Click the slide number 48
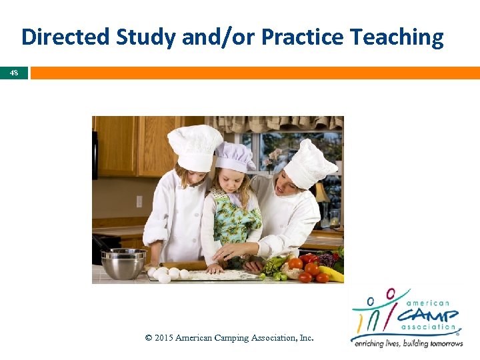14,73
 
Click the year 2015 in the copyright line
164,338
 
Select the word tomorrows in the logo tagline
438,343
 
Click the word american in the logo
431,303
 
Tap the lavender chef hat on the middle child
235,157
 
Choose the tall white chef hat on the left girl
195,147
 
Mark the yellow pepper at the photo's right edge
333,273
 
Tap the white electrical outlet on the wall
139,201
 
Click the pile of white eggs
167,273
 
